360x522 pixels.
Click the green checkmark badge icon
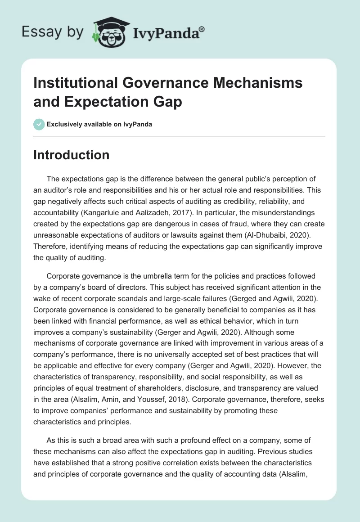click(39, 124)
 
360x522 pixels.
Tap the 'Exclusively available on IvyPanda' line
click(99, 124)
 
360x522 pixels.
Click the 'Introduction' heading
click(71, 155)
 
